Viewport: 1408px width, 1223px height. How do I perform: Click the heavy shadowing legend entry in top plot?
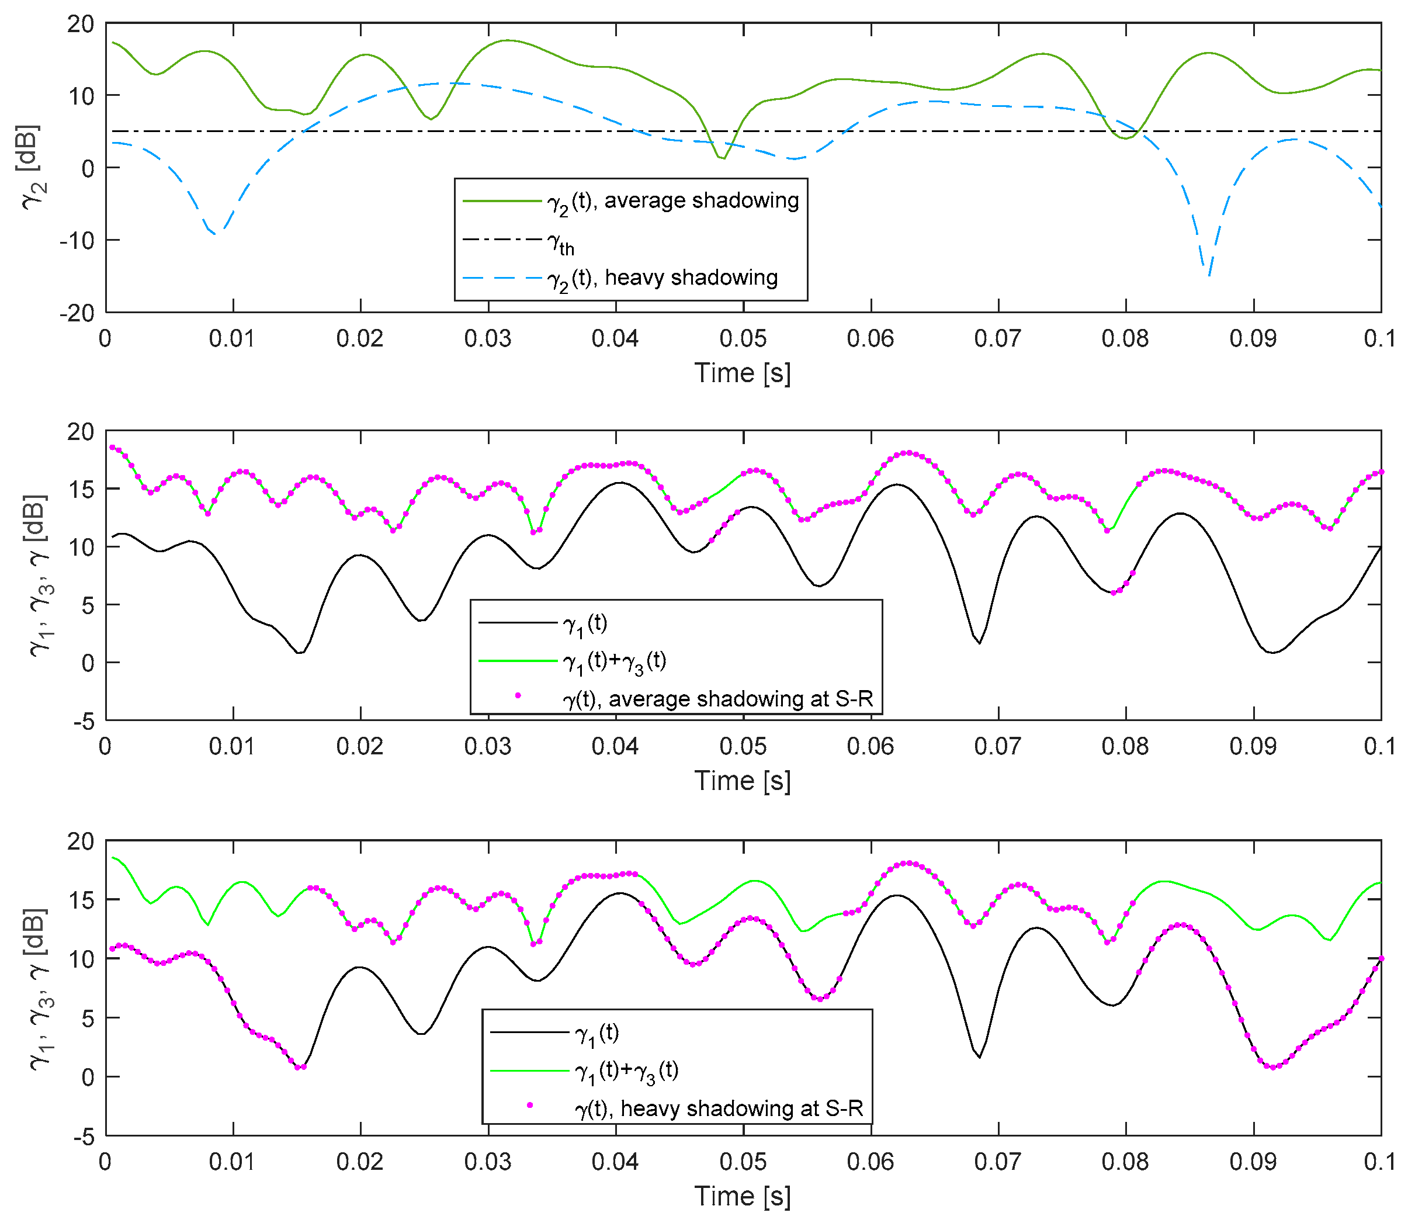click(662, 278)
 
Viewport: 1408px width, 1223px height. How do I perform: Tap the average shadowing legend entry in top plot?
click(672, 200)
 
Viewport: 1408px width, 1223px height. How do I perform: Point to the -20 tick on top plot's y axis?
click(78, 313)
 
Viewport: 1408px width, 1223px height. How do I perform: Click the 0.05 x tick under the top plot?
click(743, 338)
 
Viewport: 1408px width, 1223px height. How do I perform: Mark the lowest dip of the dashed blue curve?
click(1209, 275)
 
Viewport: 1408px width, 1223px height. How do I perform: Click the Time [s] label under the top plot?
click(743, 373)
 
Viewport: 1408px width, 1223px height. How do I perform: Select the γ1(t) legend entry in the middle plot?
click(585, 623)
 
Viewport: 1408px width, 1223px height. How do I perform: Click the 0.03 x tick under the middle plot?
click(487, 747)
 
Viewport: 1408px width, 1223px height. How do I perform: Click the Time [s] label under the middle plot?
click(743, 781)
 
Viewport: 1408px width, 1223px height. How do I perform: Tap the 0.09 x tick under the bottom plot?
click(1253, 1162)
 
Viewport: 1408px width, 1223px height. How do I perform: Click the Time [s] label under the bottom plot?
click(743, 1196)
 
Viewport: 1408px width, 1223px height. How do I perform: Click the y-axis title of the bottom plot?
click(38, 988)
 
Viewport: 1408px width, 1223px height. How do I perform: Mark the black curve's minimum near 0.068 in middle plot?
click(979, 643)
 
